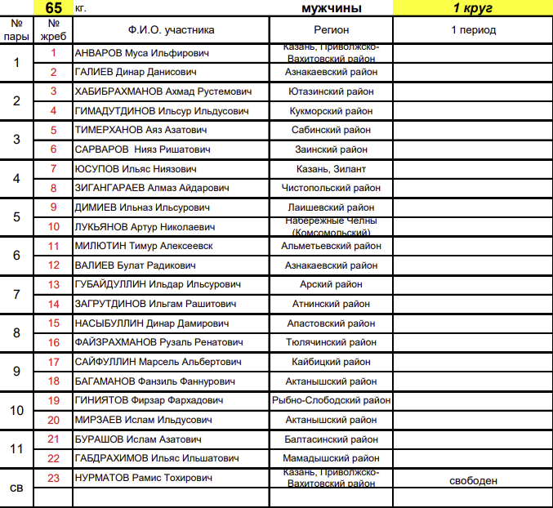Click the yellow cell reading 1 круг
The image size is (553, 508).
(x=472, y=8)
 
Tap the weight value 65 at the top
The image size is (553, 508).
(x=54, y=8)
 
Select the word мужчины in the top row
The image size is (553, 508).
(x=331, y=8)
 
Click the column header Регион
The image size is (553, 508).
(x=331, y=30)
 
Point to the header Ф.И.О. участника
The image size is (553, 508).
(x=172, y=30)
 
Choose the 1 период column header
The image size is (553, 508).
(x=473, y=30)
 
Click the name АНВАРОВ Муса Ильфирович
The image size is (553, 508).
(x=141, y=53)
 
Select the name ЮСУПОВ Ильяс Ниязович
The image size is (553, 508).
(x=136, y=169)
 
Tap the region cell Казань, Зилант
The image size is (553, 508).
(x=331, y=169)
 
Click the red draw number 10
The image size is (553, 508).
(x=54, y=227)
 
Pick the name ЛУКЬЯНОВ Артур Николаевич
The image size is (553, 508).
(x=145, y=227)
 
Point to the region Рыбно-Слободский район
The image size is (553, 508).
(x=331, y=400)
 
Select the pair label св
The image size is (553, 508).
(x=16, y=488)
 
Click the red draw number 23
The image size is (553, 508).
(x=54, y=478)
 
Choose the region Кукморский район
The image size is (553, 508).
(x=331, y=111)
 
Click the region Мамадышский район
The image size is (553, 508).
(x=331, y=458)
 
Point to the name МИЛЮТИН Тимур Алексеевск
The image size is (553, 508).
(x=144, y=246)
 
